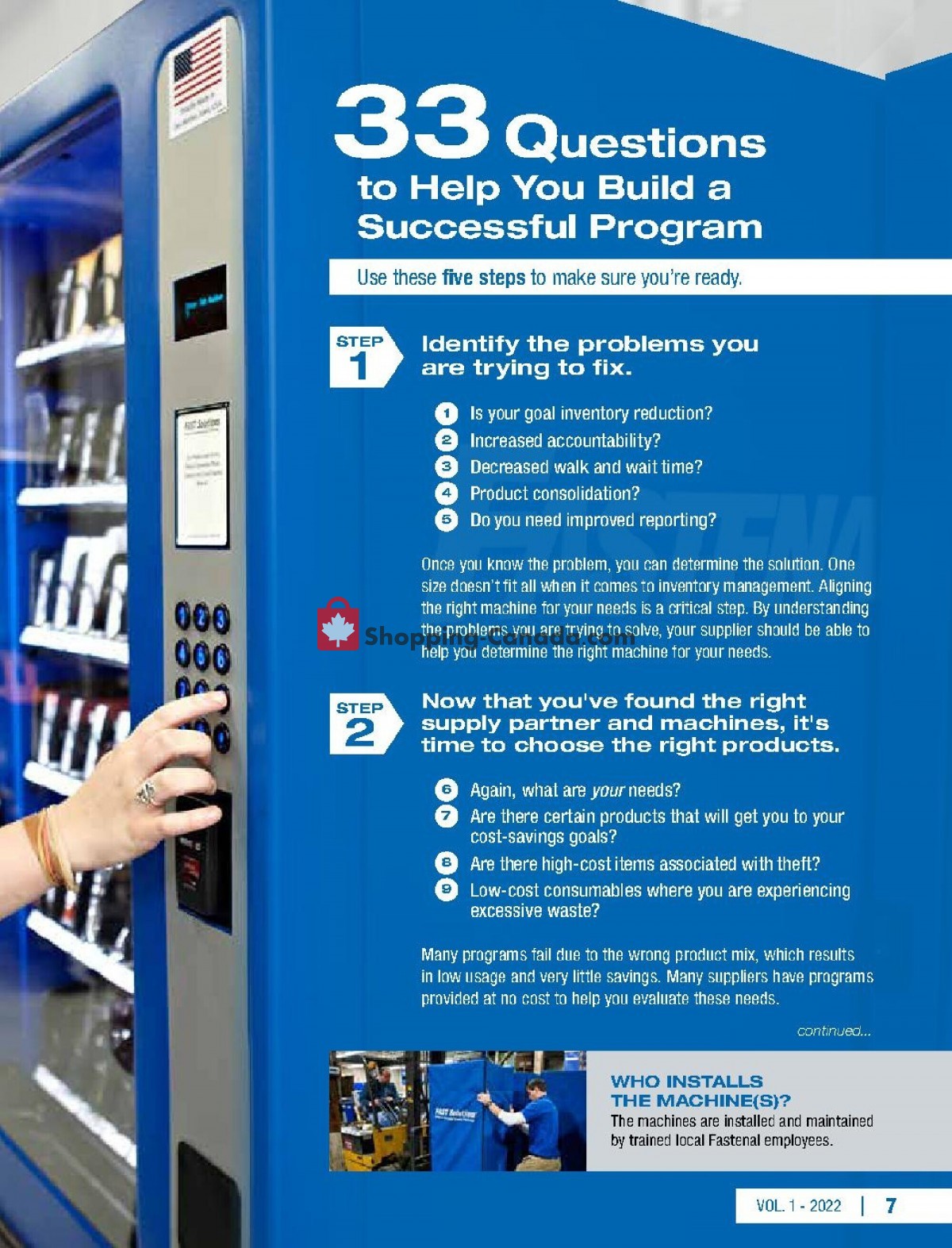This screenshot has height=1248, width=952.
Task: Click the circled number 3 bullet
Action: [x=447, y=467]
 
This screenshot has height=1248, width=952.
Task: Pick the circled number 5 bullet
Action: [x=447, y=520]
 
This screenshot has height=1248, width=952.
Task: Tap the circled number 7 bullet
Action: [x=447, y=816]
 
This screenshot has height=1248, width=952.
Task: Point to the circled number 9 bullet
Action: [x=447, y=890]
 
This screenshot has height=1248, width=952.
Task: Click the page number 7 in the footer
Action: [x=891, y=1206]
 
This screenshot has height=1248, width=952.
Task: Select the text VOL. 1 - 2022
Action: [x=798, y=1206]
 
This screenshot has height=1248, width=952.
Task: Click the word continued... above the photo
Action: [x=834, y=1031]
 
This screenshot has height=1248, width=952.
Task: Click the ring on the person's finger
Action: [x=148, y=792]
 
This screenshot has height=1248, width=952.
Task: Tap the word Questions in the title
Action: [x=635, y=140]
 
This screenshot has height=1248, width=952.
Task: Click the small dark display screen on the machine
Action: [x=201, y=302]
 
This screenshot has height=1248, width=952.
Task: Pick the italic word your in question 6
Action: [x=608, y=790]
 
